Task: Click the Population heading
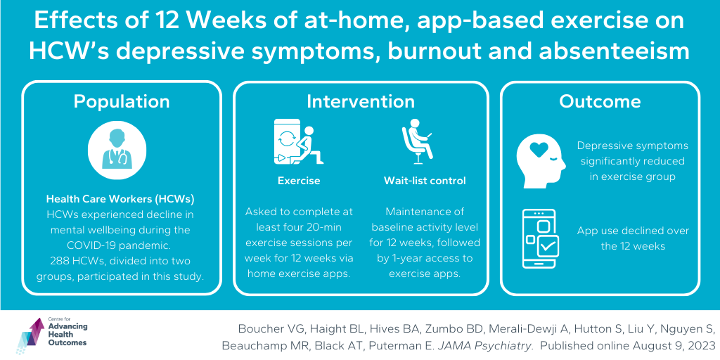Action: tap(122, 101)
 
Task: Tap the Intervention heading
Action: tap(361, 101)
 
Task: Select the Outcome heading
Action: tap(600, 101)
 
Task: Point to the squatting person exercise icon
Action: tap(298, 141)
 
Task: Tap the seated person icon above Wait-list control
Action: tap(417, 141)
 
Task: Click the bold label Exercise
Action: tap(299, 181)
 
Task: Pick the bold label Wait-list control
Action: tap(425, 181)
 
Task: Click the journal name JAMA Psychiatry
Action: tap(478, 345)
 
